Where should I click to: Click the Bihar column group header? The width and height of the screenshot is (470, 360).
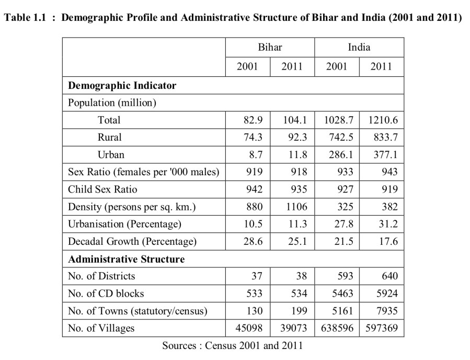pos(270,47)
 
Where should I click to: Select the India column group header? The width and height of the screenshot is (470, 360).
pos(359,47)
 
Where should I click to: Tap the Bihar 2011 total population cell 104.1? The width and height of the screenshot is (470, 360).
pos(295,120)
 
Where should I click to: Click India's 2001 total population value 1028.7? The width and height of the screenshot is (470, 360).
pos(338,120)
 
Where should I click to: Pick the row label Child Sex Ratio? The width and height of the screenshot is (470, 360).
pos(102,189)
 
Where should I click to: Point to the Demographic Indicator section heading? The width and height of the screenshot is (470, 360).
pos(122,85)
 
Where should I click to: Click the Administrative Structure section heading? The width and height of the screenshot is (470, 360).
pos(126,259)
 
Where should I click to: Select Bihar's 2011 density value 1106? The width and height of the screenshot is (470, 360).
pos(296,207)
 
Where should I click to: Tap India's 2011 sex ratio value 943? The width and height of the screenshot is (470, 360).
pos(389,172)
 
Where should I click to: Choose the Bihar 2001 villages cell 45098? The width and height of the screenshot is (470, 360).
pos(248,328)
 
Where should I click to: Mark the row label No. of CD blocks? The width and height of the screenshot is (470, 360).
pos(106,294)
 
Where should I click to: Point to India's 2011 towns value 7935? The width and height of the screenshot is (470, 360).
pos(386,311)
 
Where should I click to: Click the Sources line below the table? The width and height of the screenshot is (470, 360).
pos(232,345)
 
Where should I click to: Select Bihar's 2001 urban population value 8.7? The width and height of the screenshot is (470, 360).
pos(254,154)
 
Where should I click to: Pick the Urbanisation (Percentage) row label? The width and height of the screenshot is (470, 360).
pos(124,224)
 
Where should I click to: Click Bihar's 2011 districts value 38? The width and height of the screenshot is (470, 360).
pos(301,276)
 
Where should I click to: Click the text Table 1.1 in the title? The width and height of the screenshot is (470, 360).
pos(25,18)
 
